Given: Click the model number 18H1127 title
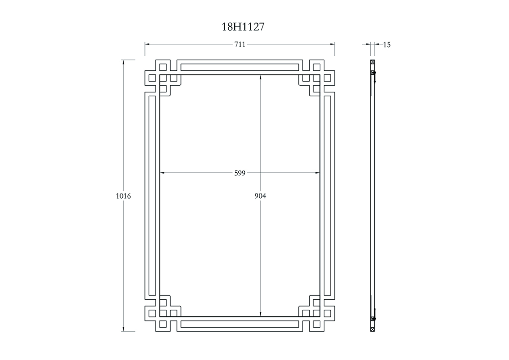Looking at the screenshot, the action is pyautogui.click(x=243, y=27).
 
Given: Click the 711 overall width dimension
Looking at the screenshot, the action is pyautogui.click(x=240, y=44).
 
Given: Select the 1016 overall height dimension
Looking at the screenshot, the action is pyautogui.click(x=123, y=196).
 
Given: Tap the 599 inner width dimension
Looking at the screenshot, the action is pyautogui.click(x=240, y=173).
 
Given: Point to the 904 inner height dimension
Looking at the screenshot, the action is pyautogui.click(x=260, y=196).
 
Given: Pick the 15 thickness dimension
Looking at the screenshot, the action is pyautogui.click(x=387, y=45).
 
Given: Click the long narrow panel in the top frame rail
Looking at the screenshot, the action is pyautogui.click(x=240, y=67).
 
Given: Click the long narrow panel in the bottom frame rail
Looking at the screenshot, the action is pyautogui.click(x=240, y=324).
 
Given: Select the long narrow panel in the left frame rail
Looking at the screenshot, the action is pyautogui.click(x=152, y=196).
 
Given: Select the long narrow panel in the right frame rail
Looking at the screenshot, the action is pyautogui.click(x=327, y=196).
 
